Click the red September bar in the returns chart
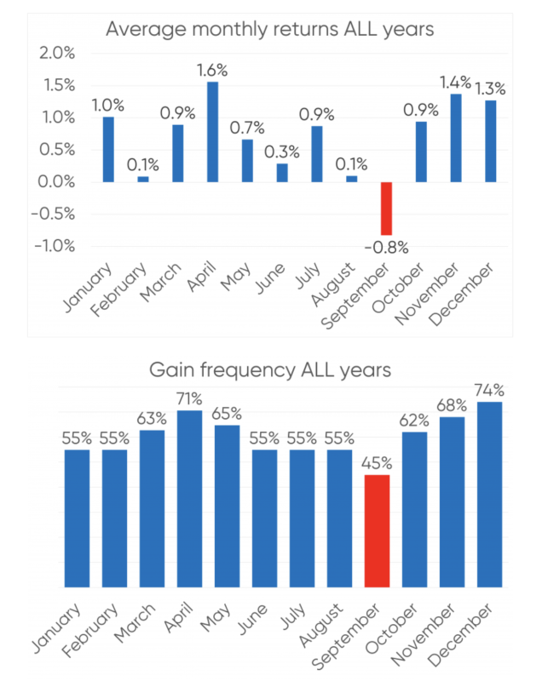pos(386,209)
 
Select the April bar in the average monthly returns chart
pos(212,132)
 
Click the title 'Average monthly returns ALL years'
pos(270,29)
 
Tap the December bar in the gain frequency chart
pos(490,495)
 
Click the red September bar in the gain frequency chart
pos(378,531)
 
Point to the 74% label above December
pos(490,391)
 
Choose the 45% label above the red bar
pos(378,464)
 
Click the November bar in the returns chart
pos(456,138)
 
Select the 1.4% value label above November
pos(456,82)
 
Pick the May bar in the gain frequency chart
pos(227,506)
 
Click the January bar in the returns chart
pos(108,150)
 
